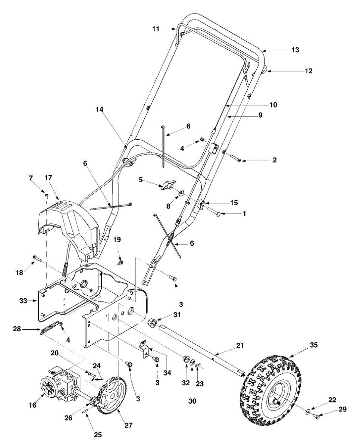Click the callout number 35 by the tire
coord(314,345)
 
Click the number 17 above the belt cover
coord(48,178)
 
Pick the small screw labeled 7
coord(46,195)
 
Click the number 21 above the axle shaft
coord(240,345)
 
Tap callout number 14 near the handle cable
coord(100,109)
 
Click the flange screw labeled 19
coord(120,261)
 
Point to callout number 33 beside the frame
coord(23,301)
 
